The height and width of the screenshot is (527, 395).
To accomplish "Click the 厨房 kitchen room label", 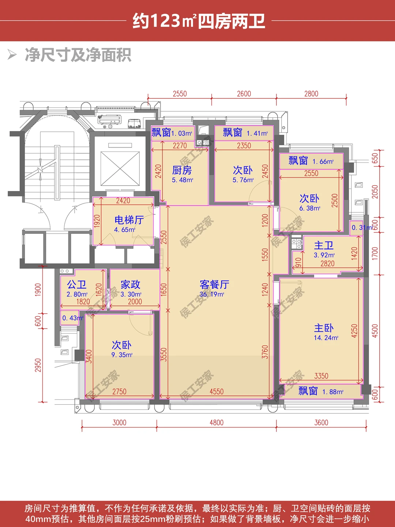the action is (182, 170).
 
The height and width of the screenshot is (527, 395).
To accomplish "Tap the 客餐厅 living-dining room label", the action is (214, 284).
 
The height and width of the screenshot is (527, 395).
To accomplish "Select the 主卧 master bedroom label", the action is (324, 328).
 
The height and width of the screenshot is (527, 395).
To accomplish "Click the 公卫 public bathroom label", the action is (76, 284).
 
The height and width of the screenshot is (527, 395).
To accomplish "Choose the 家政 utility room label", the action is (131, 284).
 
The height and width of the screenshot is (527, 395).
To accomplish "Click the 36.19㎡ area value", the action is (212, 294).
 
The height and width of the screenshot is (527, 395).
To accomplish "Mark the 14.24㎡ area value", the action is (326, 337).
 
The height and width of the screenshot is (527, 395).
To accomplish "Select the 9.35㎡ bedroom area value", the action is (122, 355).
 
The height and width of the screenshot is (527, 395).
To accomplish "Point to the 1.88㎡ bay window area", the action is (333, 392).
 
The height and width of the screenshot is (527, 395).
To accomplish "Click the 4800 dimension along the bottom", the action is (216, 423).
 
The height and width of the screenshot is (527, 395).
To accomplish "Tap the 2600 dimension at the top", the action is (244, 94).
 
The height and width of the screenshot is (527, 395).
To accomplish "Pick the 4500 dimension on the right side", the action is (375, 331).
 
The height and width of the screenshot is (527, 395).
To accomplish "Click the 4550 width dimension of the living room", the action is (216, 392).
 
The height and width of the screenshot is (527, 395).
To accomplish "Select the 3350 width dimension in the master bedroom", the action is (321, 376).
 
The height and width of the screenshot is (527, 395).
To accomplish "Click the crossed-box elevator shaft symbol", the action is (120, 169).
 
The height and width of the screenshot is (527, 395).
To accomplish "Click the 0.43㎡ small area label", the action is (73, 318).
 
